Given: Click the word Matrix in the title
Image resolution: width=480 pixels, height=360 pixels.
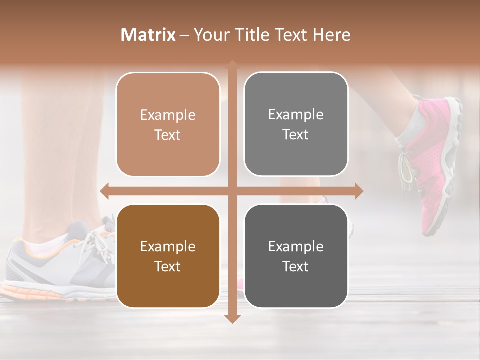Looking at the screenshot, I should point(148,35).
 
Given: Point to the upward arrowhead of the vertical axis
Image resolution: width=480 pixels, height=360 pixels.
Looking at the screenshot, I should point(232,64).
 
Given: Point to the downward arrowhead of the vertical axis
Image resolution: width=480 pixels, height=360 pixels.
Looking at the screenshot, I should point(232,318).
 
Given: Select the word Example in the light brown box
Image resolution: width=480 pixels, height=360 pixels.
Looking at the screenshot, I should point(168,115).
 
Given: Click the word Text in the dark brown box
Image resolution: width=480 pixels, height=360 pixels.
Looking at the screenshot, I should point(168,266).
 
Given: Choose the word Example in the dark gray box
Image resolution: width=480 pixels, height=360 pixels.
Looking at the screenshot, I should point(296,246).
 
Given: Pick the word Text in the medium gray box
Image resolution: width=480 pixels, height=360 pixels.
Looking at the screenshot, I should point(296,134).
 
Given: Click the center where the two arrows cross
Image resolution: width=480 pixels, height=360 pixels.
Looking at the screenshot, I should point(232,191).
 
